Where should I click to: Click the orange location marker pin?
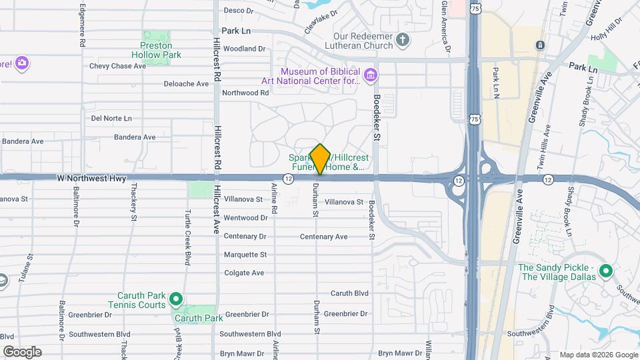(x=320, y=159)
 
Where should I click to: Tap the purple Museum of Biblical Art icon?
(x=371, y=72)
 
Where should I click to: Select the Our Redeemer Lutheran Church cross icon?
(x=402, y=39)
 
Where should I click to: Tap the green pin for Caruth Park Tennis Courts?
(x=176, y=298)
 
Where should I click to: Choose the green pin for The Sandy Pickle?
(x=605, y=271)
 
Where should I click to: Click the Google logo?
(x=22, y=352)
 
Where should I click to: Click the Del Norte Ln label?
(x=112, y=118)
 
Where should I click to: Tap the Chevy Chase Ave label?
(x=117, y=66)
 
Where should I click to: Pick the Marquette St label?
(x=245, y=255)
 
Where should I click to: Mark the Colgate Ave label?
(x=244, y=273)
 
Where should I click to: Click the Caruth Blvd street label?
(x=349, y=293)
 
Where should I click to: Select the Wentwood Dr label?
(x=245, y=218)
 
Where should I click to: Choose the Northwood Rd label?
(x=245, y=93)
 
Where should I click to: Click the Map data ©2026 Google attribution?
(x=599, y=355)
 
